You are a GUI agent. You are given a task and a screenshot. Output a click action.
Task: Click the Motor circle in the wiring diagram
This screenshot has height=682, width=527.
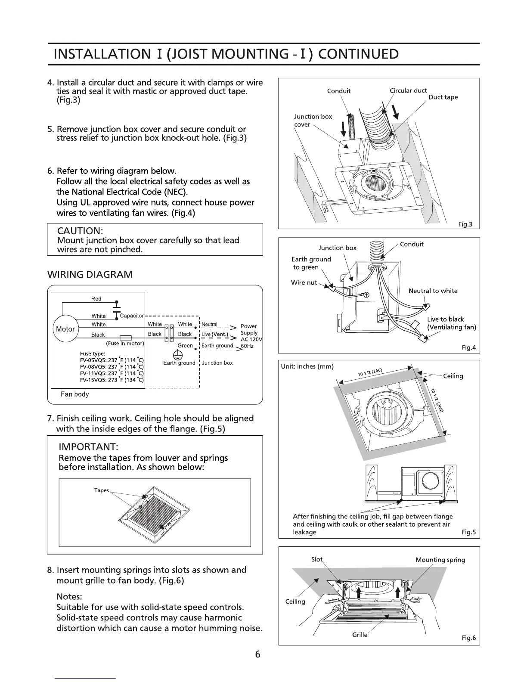coord(65,329)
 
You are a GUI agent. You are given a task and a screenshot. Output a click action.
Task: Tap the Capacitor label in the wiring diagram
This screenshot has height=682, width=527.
coord(131,316)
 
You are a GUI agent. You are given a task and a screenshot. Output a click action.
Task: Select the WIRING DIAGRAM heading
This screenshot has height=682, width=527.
coord(90,275)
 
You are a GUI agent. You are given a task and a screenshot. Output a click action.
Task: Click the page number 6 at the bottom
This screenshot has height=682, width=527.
coord(257,654)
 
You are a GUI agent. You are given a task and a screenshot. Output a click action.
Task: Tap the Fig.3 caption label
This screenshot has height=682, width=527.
coord(465,224)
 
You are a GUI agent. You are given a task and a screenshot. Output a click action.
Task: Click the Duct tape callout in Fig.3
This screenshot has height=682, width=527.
coord(443,97)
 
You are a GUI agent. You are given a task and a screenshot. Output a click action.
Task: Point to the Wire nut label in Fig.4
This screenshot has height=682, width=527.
coord(304,283)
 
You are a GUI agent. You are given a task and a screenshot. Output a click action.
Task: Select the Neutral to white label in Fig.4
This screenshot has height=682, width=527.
coord(433,291)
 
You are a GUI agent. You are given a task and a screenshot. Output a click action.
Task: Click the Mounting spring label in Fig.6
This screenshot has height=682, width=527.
coord(440,560)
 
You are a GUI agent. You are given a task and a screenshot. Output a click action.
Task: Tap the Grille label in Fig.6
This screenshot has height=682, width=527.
coord(360,635)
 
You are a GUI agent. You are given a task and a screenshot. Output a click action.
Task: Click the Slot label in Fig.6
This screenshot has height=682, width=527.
coord(316,559)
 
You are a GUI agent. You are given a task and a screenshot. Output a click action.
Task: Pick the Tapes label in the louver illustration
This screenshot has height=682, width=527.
coord(102,490)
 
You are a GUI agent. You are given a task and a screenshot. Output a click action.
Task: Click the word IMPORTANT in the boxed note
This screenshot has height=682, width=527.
coord(89,446)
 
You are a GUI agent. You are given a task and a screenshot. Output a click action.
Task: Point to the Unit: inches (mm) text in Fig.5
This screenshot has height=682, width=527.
coord(307,367)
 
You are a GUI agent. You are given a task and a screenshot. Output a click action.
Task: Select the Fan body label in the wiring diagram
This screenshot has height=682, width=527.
coord(75,394)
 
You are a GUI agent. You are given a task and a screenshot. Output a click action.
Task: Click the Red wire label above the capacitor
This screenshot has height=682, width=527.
coord(96,299)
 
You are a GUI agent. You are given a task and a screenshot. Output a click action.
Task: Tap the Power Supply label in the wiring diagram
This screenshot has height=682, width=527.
coord(249,329)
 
